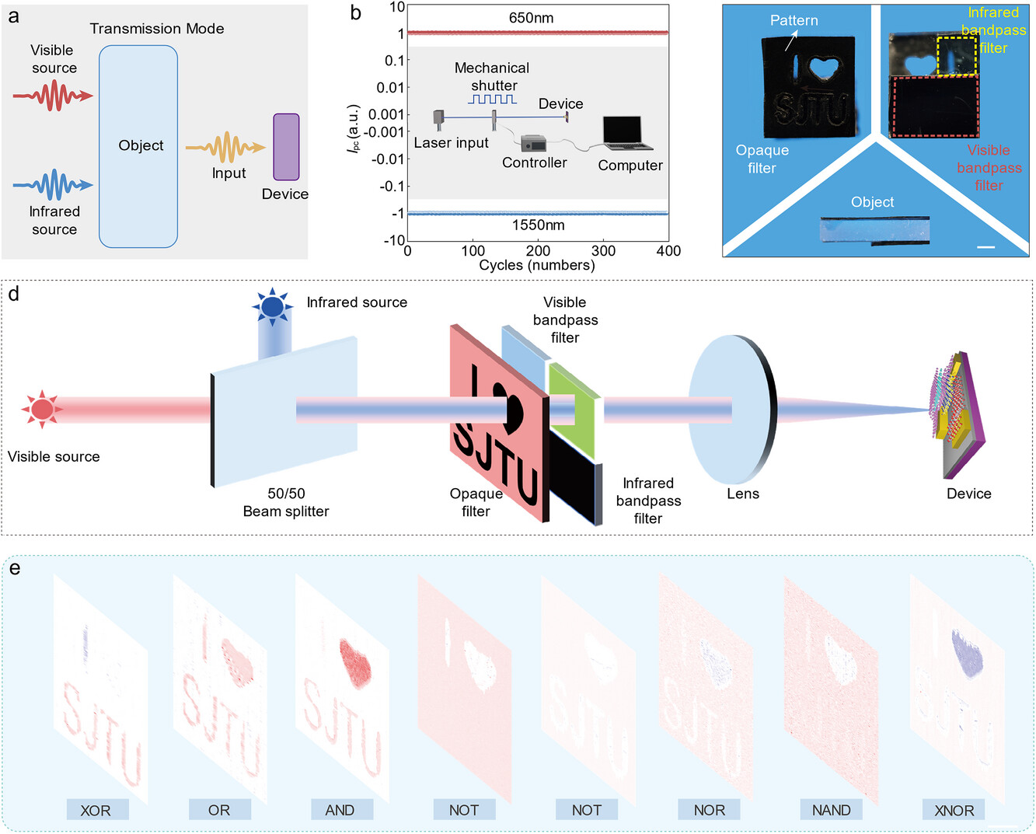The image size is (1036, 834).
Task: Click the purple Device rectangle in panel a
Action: [x=286, y=147]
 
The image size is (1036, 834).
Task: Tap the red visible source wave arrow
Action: [x=53, y=96]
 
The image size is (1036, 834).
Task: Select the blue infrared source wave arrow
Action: [x=53, y=185]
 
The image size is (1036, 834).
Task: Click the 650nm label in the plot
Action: [x=532, y=18]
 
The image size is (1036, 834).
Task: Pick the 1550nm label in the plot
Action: [x=538, y=225]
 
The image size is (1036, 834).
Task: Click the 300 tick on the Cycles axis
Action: [x=603, y=251]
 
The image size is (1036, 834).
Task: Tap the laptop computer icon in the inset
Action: [x=627, y=134]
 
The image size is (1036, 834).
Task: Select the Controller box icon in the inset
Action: [x=534, y=144]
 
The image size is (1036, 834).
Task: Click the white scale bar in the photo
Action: [x=985, y=247]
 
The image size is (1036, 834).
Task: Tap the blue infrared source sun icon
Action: [x=272, y=307]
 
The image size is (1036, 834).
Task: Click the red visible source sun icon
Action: [x=41, y=409]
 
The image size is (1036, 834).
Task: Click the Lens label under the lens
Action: [x=743, y=494]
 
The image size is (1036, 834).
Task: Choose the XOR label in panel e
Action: [x=96, y=810]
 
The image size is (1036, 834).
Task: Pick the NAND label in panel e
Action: [x=831, y=810]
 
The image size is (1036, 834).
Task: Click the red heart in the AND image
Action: [x=356, y=665]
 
